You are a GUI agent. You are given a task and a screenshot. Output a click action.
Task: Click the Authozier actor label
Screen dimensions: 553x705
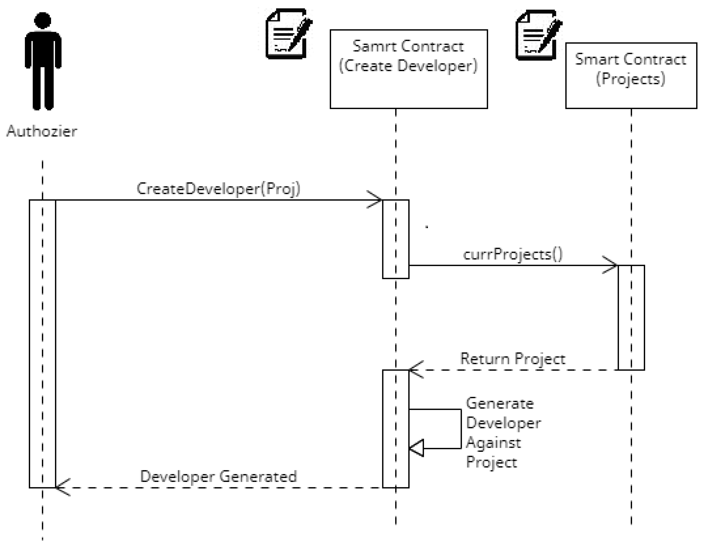coord(42,131)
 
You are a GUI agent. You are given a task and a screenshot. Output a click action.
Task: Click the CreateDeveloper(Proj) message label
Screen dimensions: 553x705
coord(219,189)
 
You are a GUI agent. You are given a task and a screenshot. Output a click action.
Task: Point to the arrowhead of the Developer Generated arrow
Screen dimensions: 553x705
coord(60,487)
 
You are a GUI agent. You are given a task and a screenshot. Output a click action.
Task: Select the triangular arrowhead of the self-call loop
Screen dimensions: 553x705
coord(417,448)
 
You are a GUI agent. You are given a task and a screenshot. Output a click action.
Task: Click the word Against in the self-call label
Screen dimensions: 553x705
coord(493,443)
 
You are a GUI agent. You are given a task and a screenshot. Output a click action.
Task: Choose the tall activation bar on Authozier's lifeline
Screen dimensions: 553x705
coord(42,343)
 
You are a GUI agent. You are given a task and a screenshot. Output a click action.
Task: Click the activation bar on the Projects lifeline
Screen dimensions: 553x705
coord(631,317)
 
